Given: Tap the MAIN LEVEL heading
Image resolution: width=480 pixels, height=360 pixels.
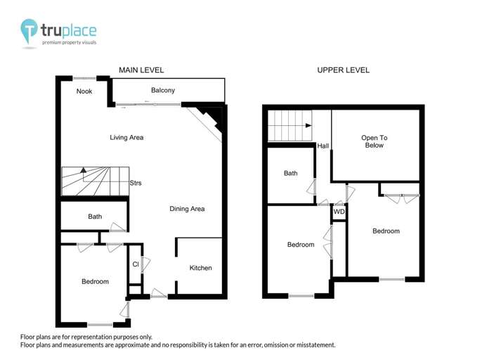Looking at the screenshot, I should click(141, 70).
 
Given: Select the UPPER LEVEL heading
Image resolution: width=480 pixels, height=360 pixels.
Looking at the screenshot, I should click(343, 70).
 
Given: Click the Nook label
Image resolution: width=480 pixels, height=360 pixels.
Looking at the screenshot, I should click(84, 91).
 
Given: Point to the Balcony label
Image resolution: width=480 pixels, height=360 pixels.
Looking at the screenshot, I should click(163, 91).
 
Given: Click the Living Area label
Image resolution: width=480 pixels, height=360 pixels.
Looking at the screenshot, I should click(127, 138).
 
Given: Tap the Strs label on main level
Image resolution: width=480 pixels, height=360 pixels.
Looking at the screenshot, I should click(136, 184).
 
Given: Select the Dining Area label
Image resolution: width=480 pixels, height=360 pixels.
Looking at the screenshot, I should click(187, 209).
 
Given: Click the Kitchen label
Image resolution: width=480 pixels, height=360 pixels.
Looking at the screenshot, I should click(200, 268).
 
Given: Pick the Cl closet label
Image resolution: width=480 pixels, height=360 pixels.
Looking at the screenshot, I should click(135, 264).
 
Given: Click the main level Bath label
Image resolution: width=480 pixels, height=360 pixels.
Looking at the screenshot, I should click(95, 217).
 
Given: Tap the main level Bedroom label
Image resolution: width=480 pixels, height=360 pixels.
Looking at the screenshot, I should click(95, 282).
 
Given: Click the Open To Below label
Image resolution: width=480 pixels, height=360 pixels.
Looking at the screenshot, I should click(375, 141).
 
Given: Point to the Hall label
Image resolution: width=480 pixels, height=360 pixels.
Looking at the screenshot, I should click(323, 146).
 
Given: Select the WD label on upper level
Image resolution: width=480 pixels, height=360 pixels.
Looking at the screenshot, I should click(339, 212).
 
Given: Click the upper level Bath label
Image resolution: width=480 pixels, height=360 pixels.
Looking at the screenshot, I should click(290, 174).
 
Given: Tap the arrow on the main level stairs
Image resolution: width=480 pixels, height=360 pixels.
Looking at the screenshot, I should click(83, 171).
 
